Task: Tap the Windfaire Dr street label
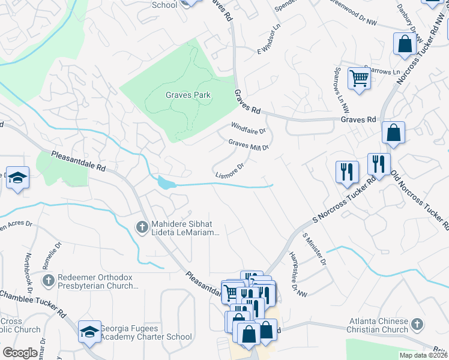point(249,127)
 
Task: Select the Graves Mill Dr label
point(248,145)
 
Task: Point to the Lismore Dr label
point(229,172)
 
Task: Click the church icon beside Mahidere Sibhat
point(142,227)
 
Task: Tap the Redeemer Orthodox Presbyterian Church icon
point(49,280)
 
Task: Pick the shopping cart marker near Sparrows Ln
point(359,78)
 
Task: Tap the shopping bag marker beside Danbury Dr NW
point(405,44)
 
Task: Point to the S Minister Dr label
point(315,250)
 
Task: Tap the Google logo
point(20,353)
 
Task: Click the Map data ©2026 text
point(424,355)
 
